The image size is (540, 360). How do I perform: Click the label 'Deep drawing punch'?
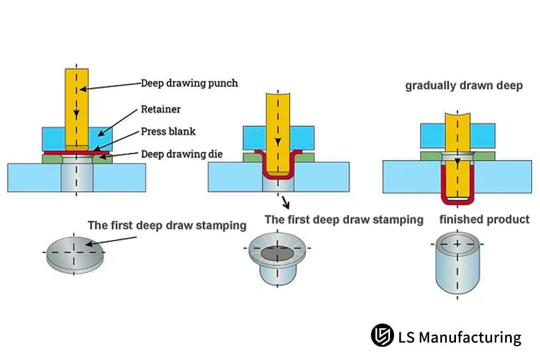pyautogui.click(x=189, y=83)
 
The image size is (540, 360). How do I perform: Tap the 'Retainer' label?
pyautogui.click(x=160, y=109)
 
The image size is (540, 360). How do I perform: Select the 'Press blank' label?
pyautogui.click(x=168, y=131)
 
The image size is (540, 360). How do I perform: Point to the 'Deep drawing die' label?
pyautogui.click(x=181, y=154)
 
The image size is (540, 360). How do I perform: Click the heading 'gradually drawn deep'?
pyautogui.click(x=463, y=86)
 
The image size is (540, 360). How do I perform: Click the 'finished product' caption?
pyautogui.click(x=484, y=220)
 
